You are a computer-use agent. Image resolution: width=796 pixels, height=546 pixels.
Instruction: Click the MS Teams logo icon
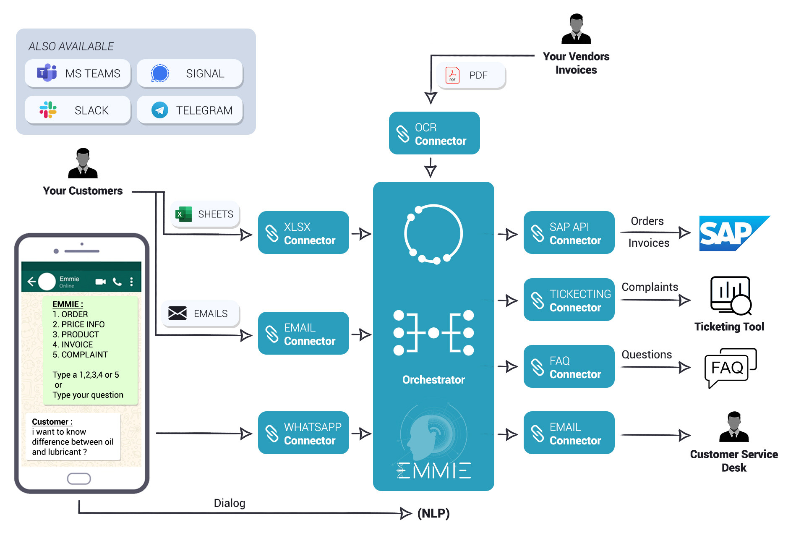coord(47,73)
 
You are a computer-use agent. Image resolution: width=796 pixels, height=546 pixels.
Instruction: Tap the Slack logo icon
coord(48,110)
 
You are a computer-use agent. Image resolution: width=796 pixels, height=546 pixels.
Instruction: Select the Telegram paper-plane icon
coord(160,110)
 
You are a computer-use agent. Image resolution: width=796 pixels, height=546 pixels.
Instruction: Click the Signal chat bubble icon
coord(160,73)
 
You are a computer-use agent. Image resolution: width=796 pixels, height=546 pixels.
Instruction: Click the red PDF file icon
coord(452,75)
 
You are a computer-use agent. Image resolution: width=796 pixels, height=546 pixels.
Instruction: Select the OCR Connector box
coord(434,133)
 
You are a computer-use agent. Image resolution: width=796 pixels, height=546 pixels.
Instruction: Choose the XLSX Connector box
coord(303,233)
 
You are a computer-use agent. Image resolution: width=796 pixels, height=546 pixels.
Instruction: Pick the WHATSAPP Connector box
coord(303,433)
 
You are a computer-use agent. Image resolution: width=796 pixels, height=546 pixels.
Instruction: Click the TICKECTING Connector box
coord(569,300)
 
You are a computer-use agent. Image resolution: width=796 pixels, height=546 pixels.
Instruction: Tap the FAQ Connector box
coord(569,366)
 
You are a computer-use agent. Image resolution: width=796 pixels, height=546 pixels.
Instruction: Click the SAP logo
coord(732,233)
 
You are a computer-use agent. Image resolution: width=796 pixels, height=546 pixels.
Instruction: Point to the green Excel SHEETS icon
coord(184,214)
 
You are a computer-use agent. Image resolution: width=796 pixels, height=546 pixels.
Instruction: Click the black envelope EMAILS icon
coord(177,313)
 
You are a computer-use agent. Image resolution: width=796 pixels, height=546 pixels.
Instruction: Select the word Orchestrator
coord(433,379)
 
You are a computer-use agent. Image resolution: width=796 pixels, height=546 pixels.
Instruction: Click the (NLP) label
coord(433,513)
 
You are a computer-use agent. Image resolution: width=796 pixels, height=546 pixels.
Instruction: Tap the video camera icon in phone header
coord(101,282)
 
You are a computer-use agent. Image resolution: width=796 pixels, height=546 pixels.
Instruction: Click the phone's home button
coord(79,478)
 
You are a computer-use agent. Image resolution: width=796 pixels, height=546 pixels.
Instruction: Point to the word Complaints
coord(650,287)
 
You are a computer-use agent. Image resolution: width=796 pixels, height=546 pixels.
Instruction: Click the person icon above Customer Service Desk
coord(733,427)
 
